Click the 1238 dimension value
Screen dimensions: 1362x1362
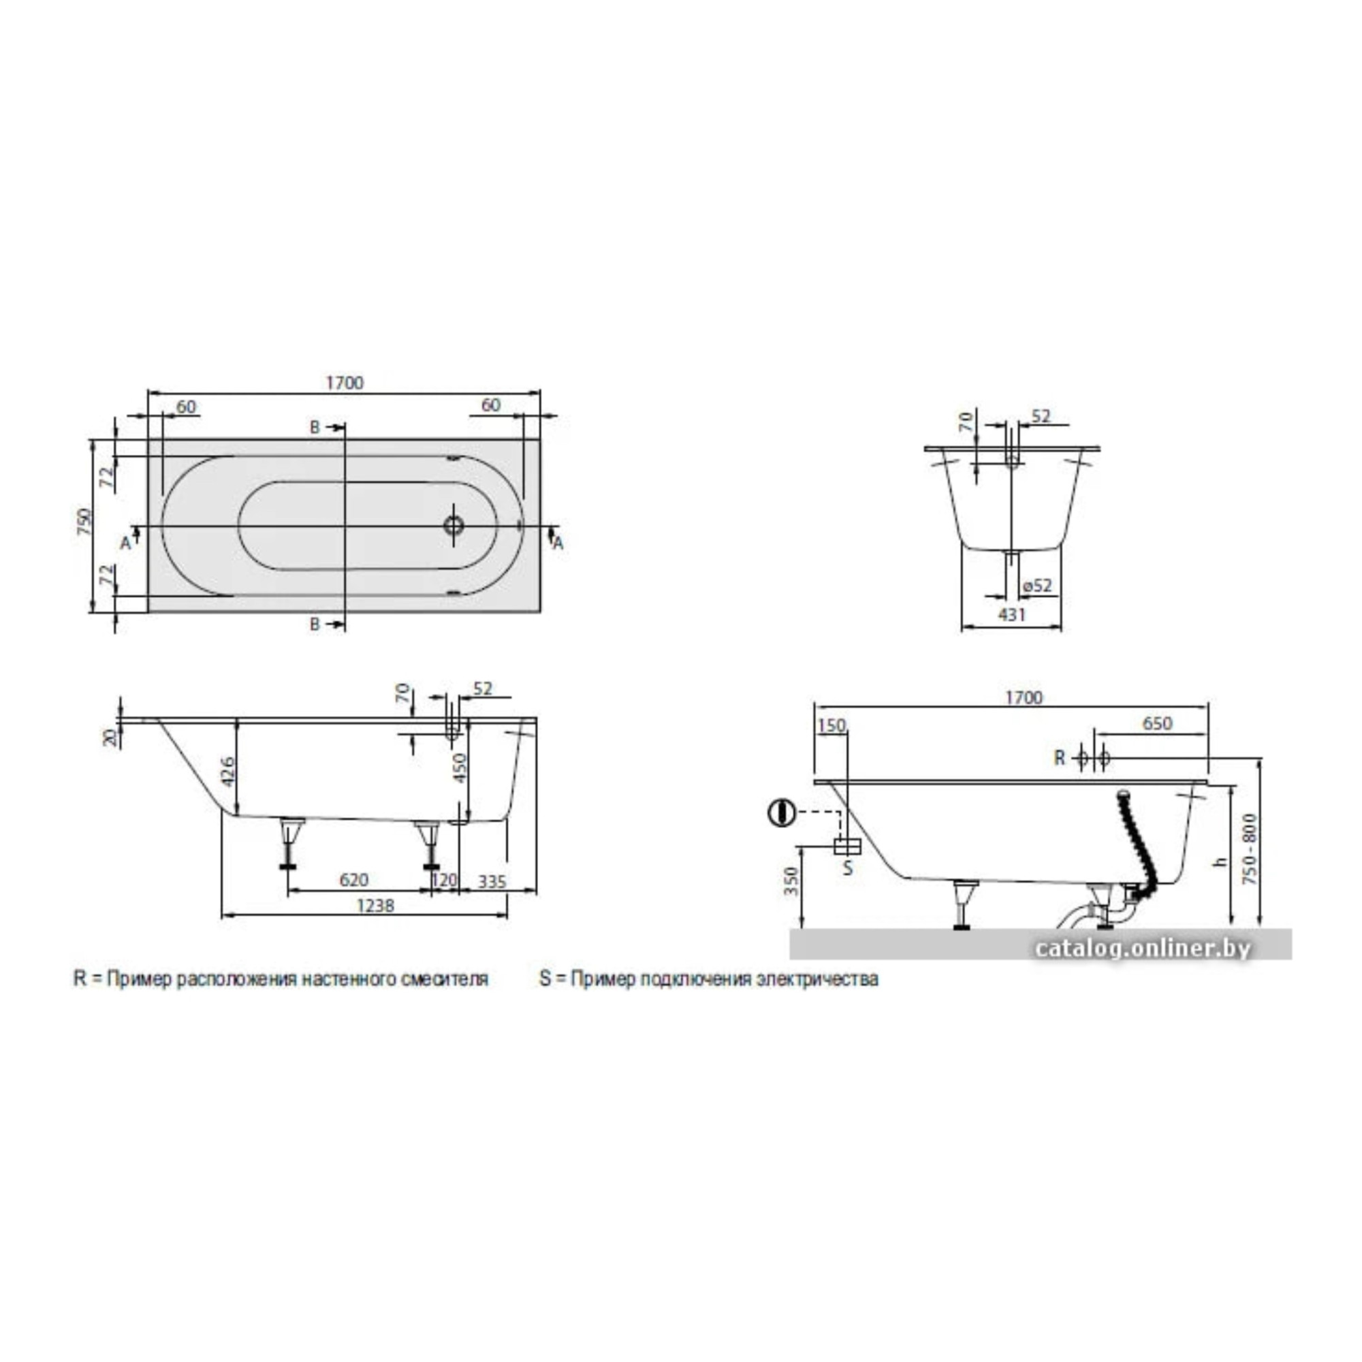tap(375, 906)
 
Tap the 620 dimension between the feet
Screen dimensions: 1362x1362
tap(354, 880)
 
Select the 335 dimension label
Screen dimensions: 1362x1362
tap(492, 881)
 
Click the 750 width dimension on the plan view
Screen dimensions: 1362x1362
tap(84, 522)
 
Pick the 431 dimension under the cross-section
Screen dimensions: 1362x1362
tap(1012, 615)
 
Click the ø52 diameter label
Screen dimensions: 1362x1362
tap(1037, 586)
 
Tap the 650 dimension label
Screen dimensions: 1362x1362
tap(1157, 723)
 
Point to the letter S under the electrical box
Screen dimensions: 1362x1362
tap(848, 868)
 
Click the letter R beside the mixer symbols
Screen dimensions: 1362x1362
tap(1060, 758)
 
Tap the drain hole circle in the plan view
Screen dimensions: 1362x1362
tap(454, 524)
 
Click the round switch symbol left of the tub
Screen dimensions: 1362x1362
tap(781, 813)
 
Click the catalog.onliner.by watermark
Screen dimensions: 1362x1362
tap(1143, 949)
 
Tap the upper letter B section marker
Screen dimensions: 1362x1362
tap(315, 427)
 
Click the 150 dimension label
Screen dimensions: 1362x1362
tap(833, 725)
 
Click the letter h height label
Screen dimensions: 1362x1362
tap(1223, 861)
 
